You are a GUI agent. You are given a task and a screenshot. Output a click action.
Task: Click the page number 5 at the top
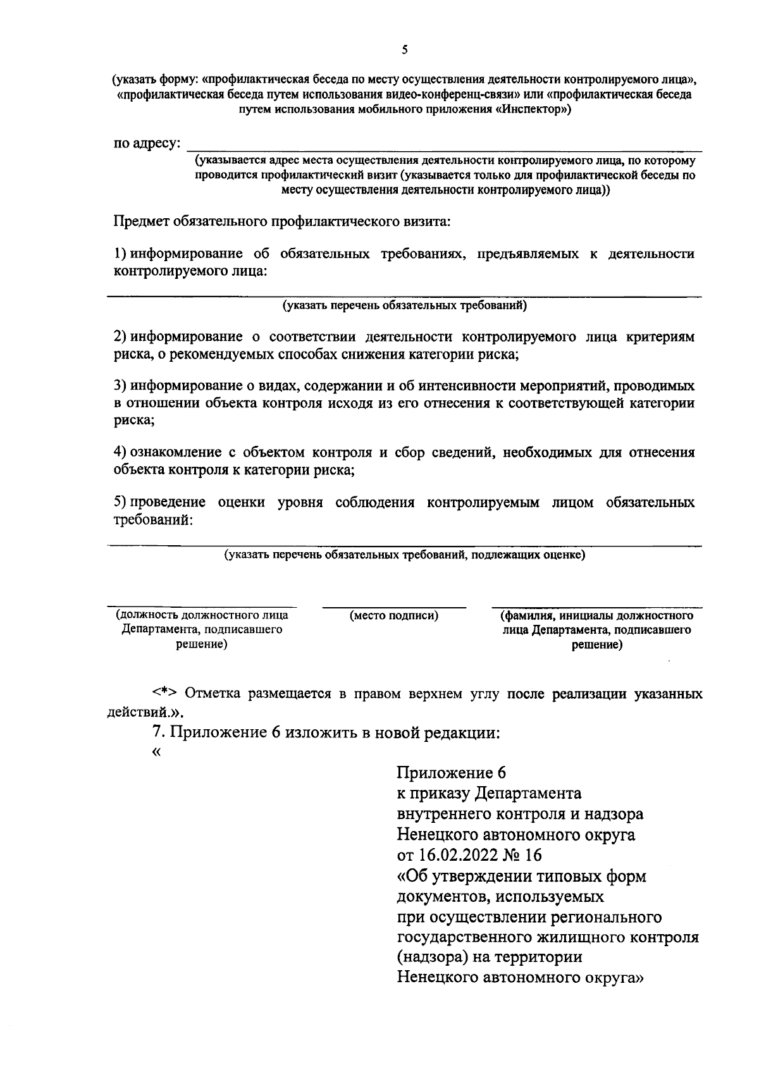click(405, 50)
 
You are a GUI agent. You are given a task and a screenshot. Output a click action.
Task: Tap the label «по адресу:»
click(146, 144)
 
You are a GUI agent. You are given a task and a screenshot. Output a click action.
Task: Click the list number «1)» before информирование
click(121, 254)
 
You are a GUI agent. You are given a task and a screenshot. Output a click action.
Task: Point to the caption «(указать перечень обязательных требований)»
click(404, 306)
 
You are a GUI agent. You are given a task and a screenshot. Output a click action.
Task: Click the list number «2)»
click(121, 336)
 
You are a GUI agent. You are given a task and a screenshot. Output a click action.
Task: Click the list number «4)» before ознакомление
click(121, 452)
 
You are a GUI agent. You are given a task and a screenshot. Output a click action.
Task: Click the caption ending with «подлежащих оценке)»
click(405, 555)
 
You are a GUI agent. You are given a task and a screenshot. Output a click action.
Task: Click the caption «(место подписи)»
click(394, 615)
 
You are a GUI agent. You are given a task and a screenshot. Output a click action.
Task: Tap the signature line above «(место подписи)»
click(394, 607)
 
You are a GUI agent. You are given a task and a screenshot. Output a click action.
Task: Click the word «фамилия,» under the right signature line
click(526, 615)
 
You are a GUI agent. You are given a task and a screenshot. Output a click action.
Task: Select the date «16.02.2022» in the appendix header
click(454, 856)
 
